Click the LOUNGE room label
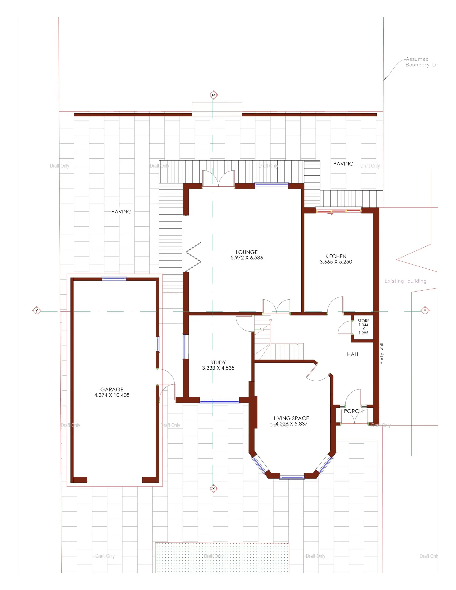pos(246,252)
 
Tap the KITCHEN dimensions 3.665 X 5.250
pos(336,262)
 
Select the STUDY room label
pos(218,363)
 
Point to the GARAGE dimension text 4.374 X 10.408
pos(112,395)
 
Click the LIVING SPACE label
pos(291,418)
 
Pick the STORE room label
pos(363,321)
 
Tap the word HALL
pos(353,354)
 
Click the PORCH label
pos(353,411)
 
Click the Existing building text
pos(406,281)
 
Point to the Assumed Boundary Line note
pos(420,62)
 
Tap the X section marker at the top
pos(213,95)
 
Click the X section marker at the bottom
pos(213,488)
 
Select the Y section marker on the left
pos(37,311)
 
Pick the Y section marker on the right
pos(425,311)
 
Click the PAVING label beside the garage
pos(121,212)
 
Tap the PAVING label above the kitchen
pos(343,164)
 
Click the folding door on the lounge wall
pos(193,257)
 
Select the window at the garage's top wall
pos(114,279)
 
